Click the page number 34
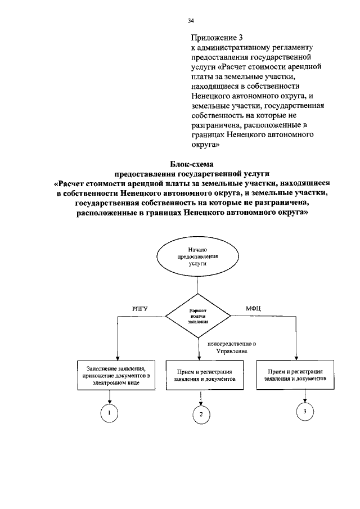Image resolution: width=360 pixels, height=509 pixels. coord(191,21)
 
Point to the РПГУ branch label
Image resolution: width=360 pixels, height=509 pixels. coord(140,308)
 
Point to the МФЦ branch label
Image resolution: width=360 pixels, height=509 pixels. coord(254,308)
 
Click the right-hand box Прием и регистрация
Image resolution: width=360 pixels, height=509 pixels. coord(295,375)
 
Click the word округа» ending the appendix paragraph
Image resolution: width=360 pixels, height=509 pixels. coord(205,145)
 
